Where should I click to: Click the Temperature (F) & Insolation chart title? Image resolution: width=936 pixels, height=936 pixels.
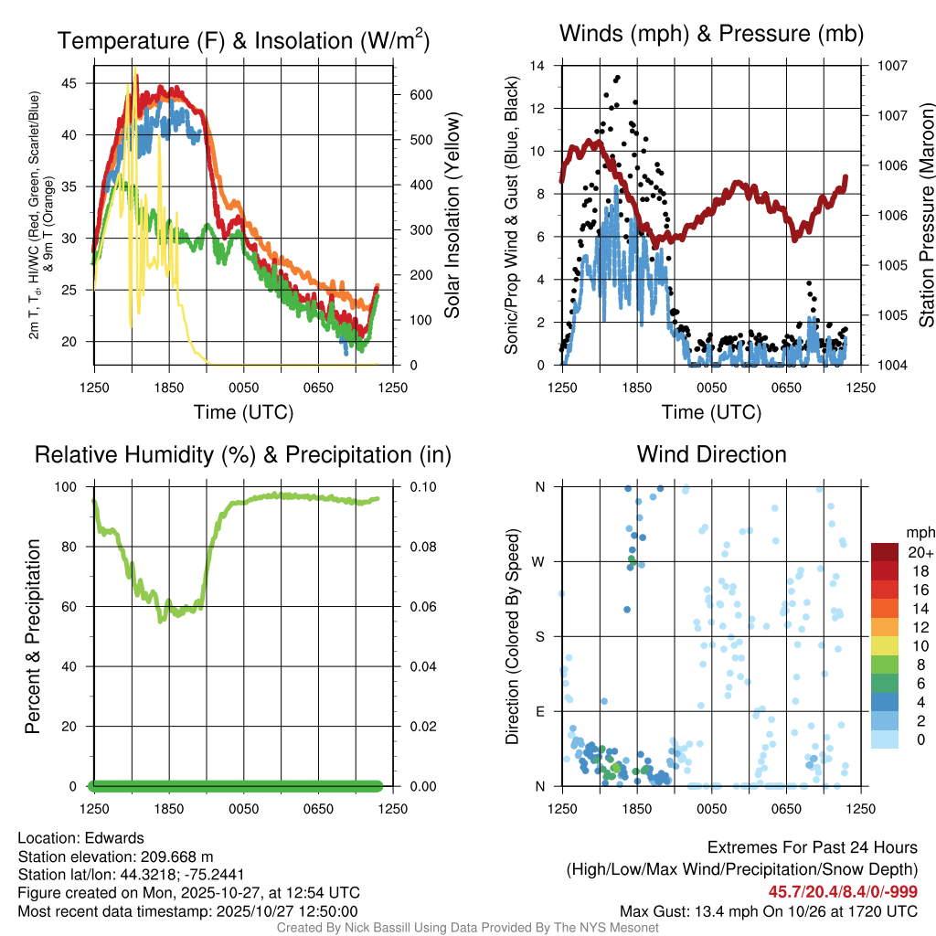[x=243, y=41]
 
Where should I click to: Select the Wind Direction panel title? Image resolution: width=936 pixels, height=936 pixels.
[x=711, y=454]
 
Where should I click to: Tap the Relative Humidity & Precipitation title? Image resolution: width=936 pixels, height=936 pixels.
[x=243, y=454]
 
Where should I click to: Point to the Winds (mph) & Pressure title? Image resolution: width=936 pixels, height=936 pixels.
[x=711, y=35]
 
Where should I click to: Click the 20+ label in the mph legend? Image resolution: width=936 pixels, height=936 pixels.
[x=920, y=553]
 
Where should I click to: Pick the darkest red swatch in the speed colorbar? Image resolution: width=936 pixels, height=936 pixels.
[x=885, y=553]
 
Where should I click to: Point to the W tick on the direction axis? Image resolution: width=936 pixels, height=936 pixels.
[x=539, y=561]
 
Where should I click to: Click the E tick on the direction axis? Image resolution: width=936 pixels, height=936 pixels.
[x=539, y=711]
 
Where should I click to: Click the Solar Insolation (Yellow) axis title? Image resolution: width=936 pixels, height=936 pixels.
[x=452, y=216]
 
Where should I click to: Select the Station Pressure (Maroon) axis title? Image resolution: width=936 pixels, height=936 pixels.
[x=926, y=216]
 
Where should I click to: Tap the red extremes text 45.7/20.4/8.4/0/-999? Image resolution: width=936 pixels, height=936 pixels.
[x=843, y=892]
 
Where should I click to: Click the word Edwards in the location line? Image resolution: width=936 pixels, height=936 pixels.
[x=113, y=838]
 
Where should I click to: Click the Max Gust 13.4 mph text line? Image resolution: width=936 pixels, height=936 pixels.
[x=769, y=911]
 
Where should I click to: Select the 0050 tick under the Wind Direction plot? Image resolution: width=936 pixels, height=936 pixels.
[x=711, y=809]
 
